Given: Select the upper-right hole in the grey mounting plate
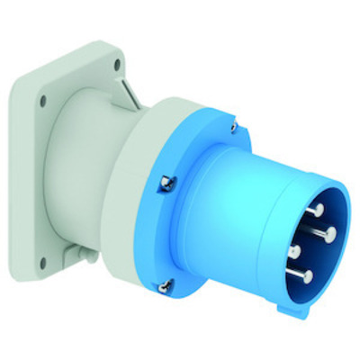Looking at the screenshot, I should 118,64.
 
